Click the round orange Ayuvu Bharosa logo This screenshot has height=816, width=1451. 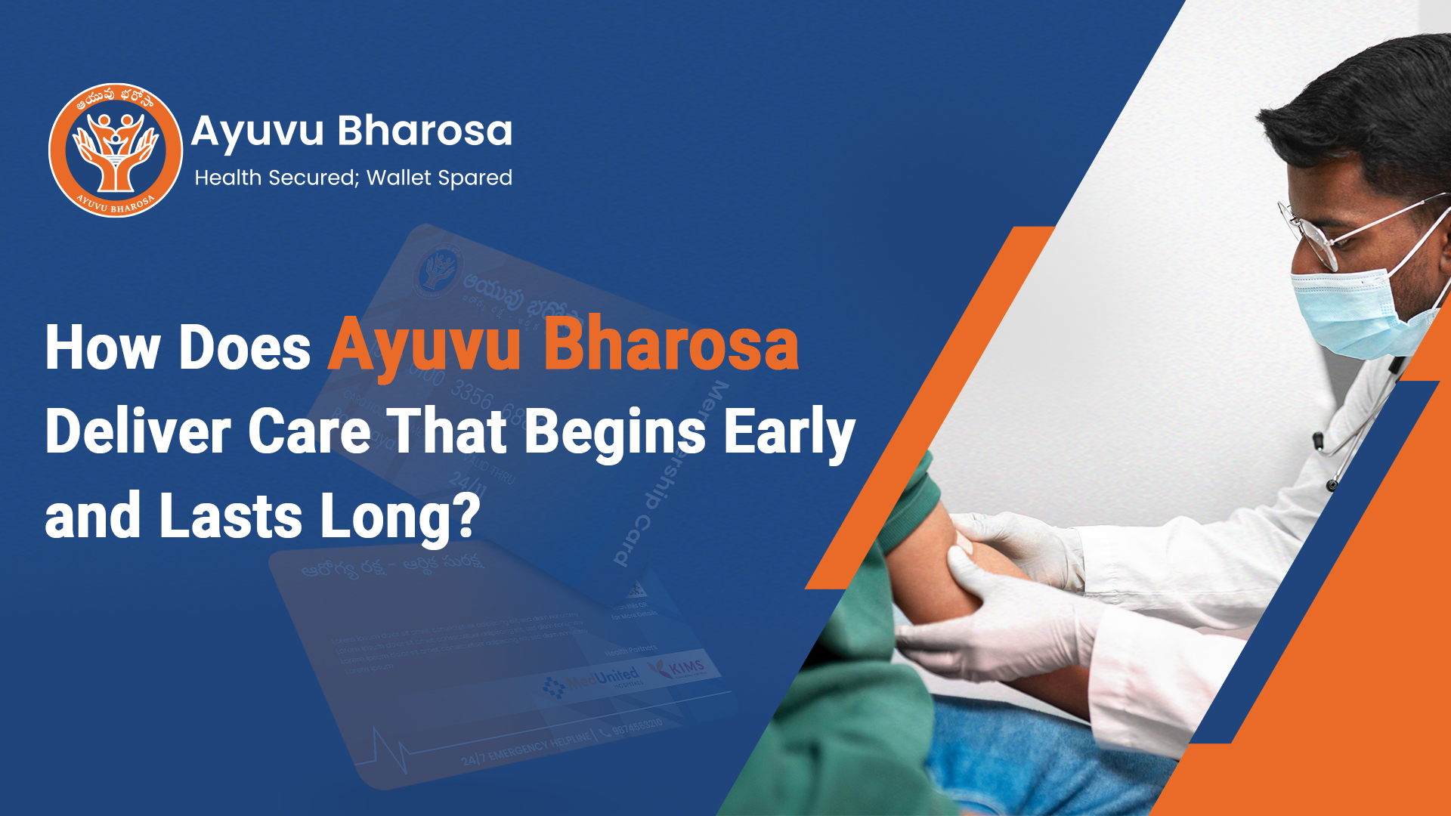(x=116, y=150)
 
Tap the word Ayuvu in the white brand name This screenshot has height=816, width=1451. (x=258, y=132)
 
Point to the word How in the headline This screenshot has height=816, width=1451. (x=103, y=348)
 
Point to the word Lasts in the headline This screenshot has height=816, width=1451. (x=231, y=517)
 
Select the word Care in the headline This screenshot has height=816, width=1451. (x=309, y=431)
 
